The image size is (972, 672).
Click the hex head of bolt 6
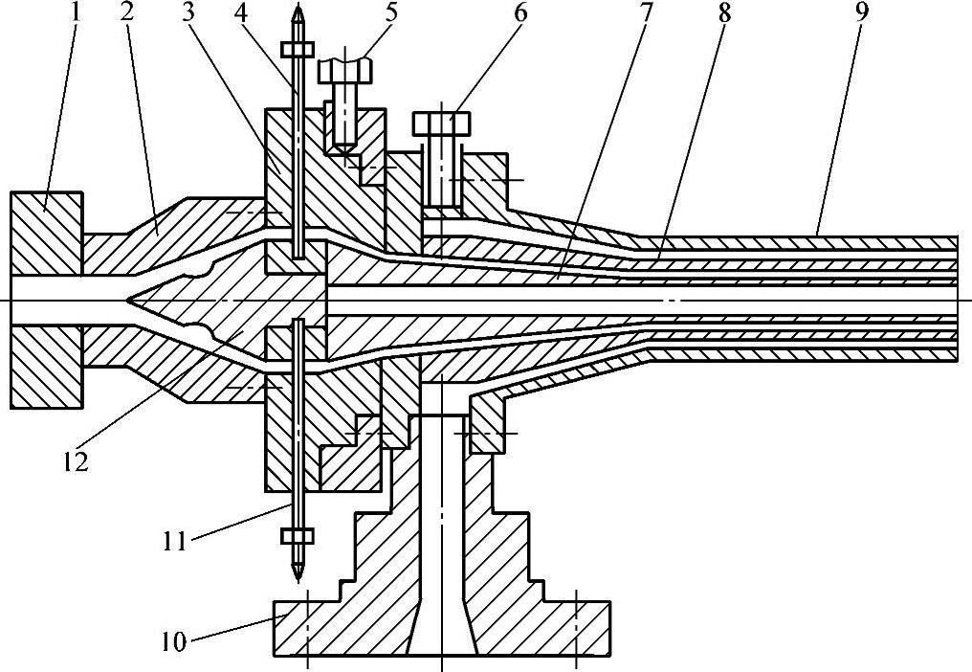442,123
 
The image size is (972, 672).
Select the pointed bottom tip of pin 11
298,576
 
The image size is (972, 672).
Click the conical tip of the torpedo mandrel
134,300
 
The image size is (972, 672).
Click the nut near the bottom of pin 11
298,534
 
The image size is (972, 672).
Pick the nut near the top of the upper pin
298,50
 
